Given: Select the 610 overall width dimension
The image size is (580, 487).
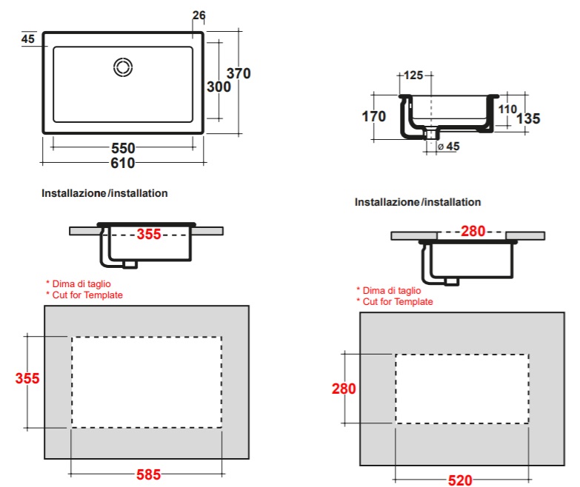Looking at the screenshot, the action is click(123, 163).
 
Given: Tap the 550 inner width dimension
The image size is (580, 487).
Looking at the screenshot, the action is click(123, 148).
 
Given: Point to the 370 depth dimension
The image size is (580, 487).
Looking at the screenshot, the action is click(239, 73).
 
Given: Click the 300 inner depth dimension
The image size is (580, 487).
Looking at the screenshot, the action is click(219, 87).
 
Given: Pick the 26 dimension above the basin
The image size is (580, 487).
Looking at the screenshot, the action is click(199, 15).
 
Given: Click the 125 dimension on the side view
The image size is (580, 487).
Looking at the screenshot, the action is click(413, 75).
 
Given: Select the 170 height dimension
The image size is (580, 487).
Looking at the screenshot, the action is click(373, 116).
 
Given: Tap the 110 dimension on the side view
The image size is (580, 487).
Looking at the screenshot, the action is click(507, 109).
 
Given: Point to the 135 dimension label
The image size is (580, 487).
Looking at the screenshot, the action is click(528, 118).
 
